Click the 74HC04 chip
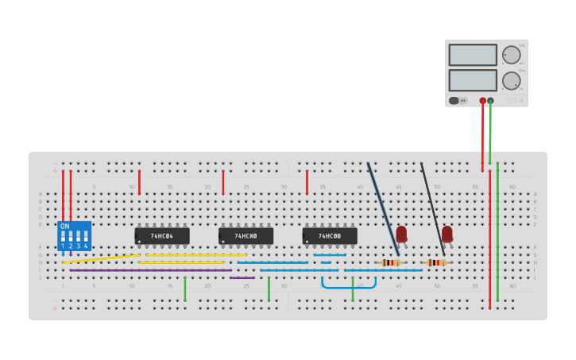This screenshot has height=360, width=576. (162, 236)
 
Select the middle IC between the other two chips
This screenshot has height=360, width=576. (245, 236)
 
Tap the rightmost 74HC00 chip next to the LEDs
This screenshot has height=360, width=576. (330, 236)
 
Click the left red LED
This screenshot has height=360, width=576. (401, 233)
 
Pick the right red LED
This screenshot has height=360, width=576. (447, 233)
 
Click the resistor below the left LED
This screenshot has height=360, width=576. (391, 262)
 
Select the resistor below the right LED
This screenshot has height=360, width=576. (436, 262)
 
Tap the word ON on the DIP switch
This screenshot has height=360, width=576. (64, 226)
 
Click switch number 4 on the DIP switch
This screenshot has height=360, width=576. (86, 237)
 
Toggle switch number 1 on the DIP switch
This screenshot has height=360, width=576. (63, 237)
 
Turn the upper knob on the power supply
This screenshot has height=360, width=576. (511, 55)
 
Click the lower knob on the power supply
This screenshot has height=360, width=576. (511, 80)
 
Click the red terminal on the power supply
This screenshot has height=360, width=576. (482, 101)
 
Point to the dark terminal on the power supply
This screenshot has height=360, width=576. (490, 101)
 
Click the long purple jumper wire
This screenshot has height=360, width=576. (151, 270)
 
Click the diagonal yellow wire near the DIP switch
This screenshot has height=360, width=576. (101, 258)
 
